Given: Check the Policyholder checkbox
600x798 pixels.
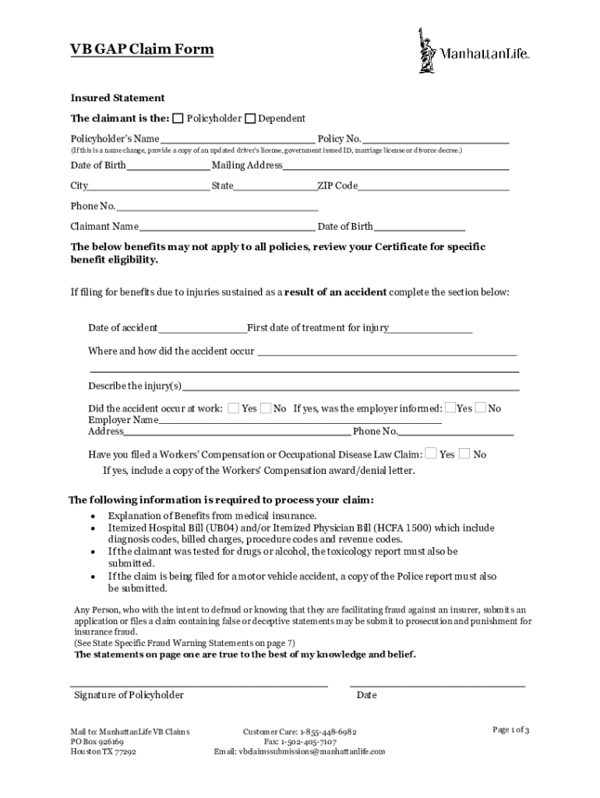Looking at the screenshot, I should coord(178,118).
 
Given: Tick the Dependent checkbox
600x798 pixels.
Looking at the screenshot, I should coord(250,118).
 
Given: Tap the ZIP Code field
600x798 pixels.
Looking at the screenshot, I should coord(433,185).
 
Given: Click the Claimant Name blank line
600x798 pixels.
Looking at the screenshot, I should coord(227,227).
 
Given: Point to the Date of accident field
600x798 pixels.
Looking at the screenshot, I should coord(202,328).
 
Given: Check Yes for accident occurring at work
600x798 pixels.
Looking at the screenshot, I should coord(234,408).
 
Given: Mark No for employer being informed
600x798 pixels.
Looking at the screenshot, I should coord(481,408).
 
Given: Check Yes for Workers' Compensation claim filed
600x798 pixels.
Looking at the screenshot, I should coord(432,454).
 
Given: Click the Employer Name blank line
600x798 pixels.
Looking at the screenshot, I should coord(299,420).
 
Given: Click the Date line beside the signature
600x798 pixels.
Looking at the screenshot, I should coord(437,684).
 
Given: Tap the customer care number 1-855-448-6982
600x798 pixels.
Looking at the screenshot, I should coord(329,733).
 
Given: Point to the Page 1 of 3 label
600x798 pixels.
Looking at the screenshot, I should coord(511,730).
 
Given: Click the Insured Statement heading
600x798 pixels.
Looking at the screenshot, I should coord(118,98).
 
